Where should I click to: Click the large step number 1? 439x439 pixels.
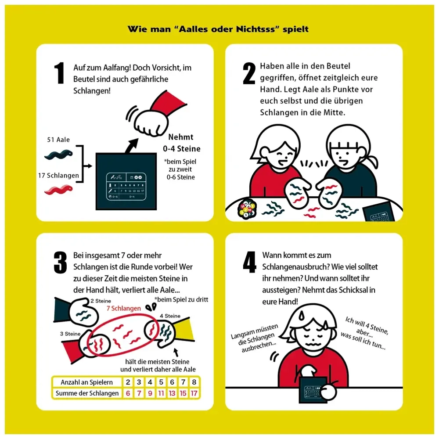coord(59,73)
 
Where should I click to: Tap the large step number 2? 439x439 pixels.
coord(249,73)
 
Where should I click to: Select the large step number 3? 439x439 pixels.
coord(60,263)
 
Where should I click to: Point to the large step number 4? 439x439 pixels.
coord(250,262)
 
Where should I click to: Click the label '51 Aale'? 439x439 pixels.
coord(58,140)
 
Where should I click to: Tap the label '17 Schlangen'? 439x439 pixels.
coord(58,175)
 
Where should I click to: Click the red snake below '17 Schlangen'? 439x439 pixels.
coord(58,190)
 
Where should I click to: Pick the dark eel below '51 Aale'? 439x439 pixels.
coord(58,155)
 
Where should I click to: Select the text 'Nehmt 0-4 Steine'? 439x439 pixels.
coord(182,143)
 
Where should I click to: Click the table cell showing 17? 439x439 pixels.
coord(194,393)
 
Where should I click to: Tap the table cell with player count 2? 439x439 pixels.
coord(128,382)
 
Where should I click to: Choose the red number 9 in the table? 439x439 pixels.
coord(150,393)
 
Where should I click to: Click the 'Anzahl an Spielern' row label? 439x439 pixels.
coord(87,382)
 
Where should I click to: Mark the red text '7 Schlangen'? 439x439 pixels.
coord(124,308)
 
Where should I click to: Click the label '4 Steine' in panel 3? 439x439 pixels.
coord(170,316)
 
